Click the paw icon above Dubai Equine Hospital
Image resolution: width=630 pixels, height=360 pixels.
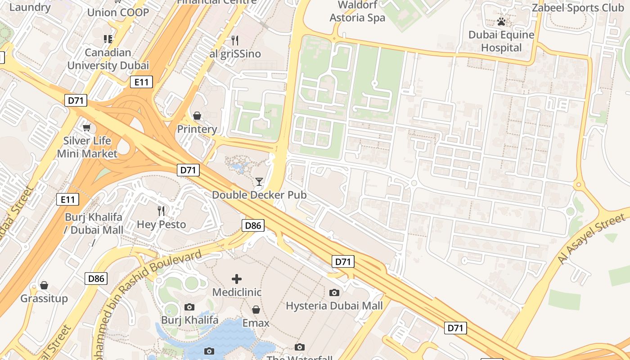click(501, 22)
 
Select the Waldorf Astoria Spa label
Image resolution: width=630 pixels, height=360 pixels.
click(357, 12)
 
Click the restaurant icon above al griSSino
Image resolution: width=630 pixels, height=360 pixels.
click(235, 40)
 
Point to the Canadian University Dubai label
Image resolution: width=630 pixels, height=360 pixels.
click(108, 59)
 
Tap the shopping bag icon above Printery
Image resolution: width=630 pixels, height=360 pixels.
click(197, 116)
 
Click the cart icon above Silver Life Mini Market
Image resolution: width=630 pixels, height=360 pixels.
click(87, 128)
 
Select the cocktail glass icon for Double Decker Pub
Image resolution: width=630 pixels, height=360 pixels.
click(259, 182)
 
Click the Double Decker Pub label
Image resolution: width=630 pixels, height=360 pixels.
click(259, 195)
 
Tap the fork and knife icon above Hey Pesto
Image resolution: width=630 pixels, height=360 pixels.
click(161, 211)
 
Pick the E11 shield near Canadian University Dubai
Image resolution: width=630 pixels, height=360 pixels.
click(141, 82)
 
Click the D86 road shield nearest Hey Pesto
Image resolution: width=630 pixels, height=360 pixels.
click(253, 225)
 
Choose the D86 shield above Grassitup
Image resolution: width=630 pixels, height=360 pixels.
click(96, 279)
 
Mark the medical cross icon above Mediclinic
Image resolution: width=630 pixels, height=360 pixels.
click(237, 279)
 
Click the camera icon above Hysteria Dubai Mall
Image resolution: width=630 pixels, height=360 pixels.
click(334, 293)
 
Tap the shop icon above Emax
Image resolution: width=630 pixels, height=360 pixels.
click(256, 310)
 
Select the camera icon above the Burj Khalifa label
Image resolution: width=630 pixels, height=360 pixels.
click(189, 307)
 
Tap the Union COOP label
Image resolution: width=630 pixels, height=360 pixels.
click(118, 12)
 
